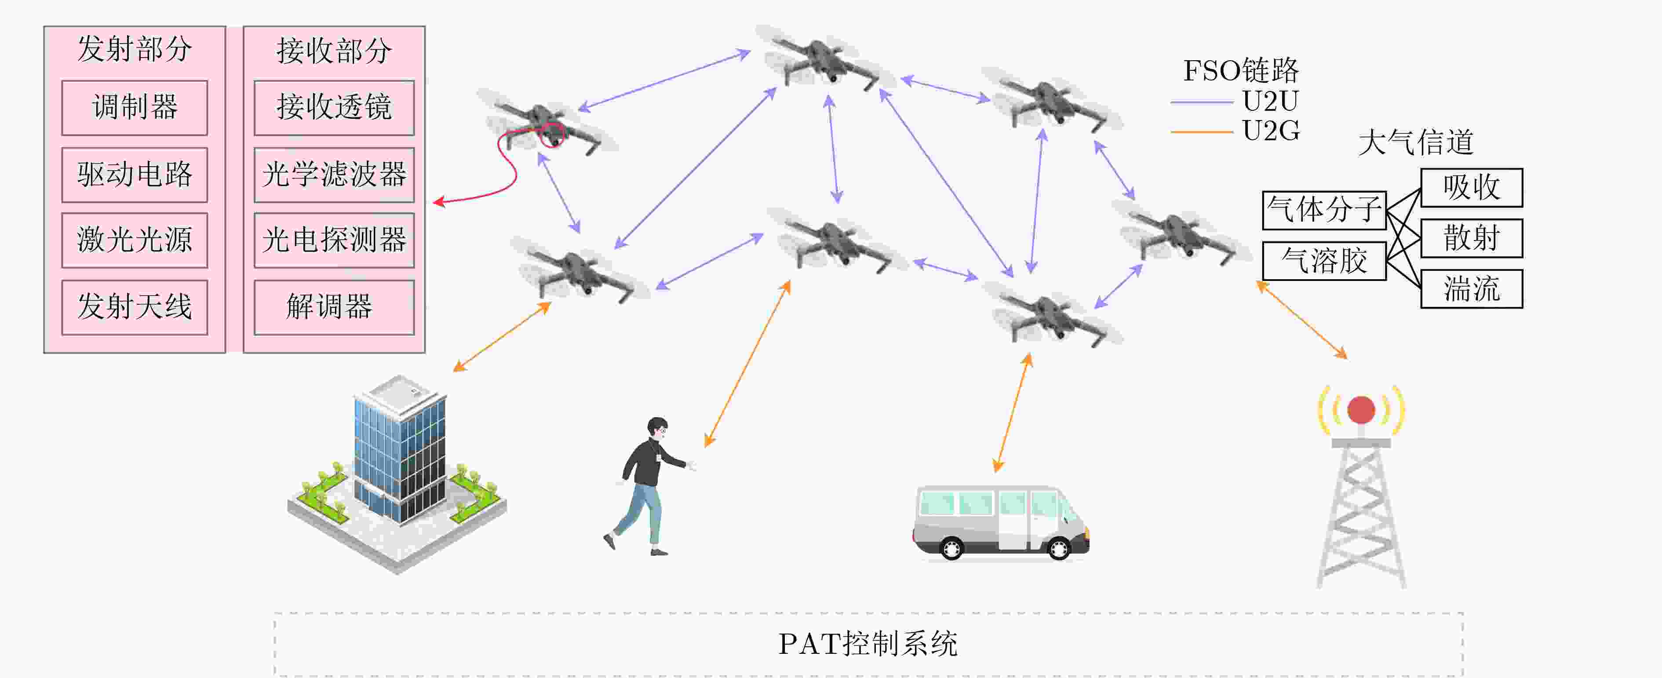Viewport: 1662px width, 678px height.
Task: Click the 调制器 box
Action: click(134, 108)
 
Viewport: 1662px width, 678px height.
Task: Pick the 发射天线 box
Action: click(134, 307)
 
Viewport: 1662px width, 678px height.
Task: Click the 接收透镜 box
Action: click(334, 108)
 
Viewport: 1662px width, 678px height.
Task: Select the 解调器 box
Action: click(334, 307)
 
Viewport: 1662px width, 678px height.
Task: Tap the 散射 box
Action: click(1471, 238)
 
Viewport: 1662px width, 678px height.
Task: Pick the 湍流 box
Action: click(1471, 289)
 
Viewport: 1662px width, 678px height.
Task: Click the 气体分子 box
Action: click(1324, 210)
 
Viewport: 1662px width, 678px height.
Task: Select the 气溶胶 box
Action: click(1324, 261)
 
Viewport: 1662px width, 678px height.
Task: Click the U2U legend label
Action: click(1270, 101)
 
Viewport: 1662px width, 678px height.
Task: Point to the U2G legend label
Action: click(1270, 131)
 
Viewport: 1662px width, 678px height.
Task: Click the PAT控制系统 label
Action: click(868, 644)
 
